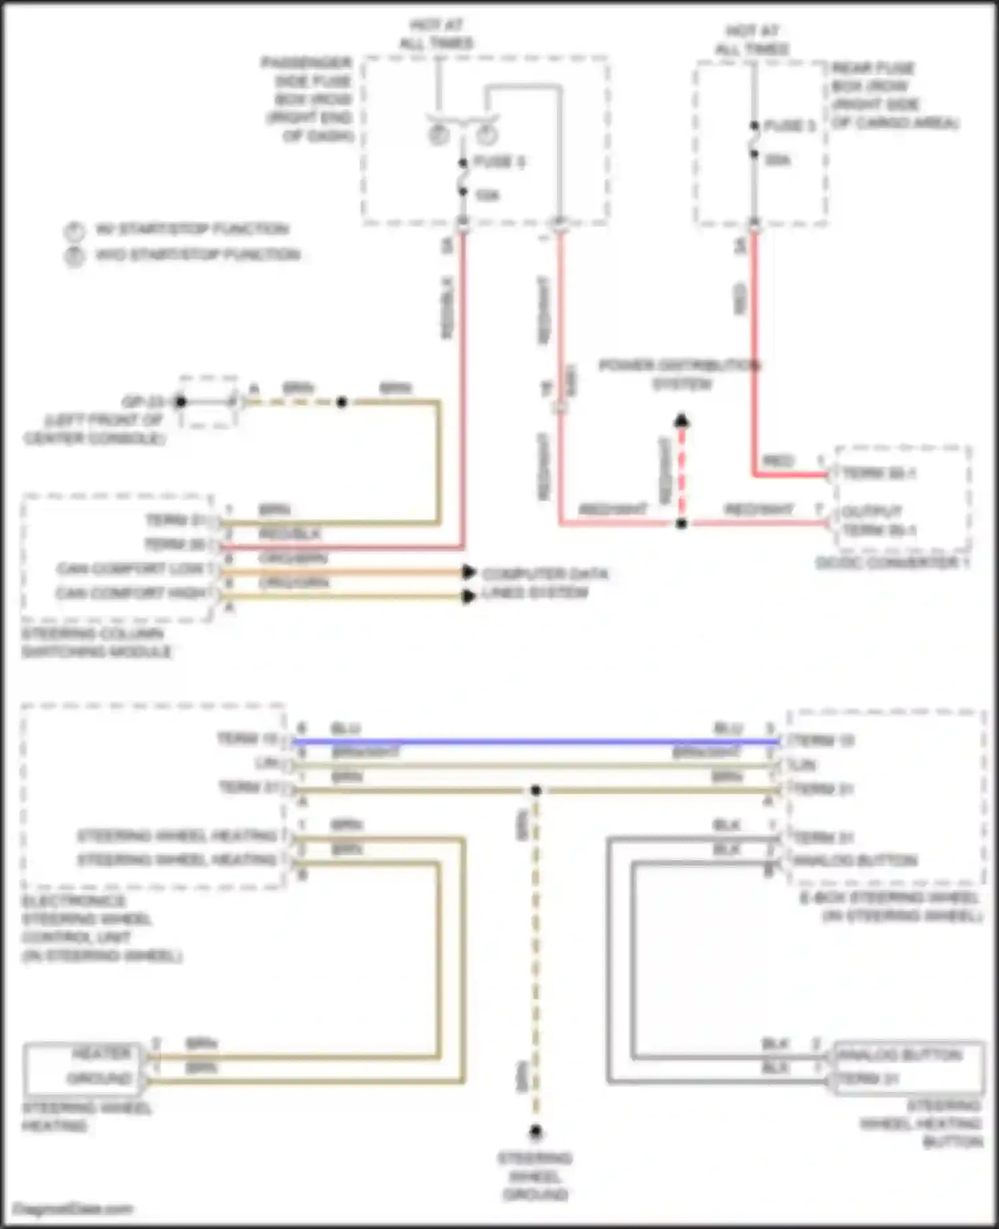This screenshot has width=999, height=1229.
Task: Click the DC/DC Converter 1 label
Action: pyautogui.click(x=892, y=563)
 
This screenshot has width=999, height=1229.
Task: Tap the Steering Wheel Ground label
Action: pyautogui.click(x=535, y=1176)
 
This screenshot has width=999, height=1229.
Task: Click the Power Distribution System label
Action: pyautogui.click(x=679, y=375)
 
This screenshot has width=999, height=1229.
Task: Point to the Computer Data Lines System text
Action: pyautogui.click(x=544, y=583)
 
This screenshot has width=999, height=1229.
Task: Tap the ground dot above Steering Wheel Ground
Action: pyautogui.click(x=535, y=1131)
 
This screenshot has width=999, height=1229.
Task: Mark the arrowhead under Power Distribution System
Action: pyautogui.click(x=681, y=421)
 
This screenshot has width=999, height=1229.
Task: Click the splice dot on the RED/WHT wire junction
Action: pyautogui.click(x=681, y=524)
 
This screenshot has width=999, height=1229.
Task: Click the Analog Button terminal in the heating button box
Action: pyautogui.click(x=898, y=1055)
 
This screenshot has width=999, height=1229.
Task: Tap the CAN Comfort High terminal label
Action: pyautogui.click(x=132, y=593)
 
